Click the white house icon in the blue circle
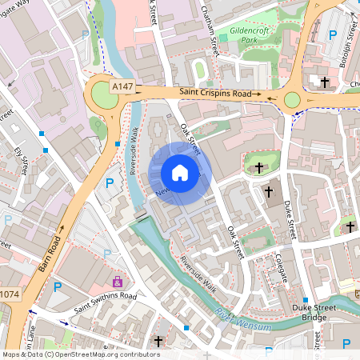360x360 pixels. pos(180,173)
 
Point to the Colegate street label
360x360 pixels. pos(280,265)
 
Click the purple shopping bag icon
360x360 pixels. pos(118,282)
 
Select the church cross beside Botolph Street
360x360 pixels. pos(325,82)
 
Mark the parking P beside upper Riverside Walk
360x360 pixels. pos(110,183)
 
